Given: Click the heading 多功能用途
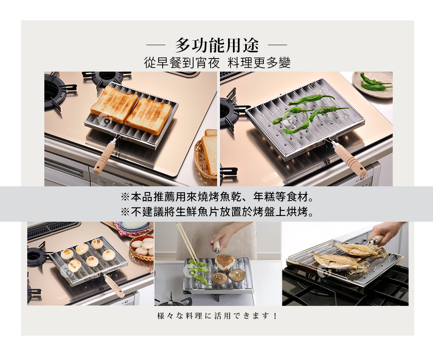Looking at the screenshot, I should point(217,44).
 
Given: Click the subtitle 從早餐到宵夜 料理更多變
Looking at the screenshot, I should point(217,63).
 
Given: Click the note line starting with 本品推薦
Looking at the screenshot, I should point(217,198).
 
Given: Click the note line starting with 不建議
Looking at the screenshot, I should point(217,212).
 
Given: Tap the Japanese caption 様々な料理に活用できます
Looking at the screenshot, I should point(217,316).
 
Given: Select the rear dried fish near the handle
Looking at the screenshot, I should point(359,250).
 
